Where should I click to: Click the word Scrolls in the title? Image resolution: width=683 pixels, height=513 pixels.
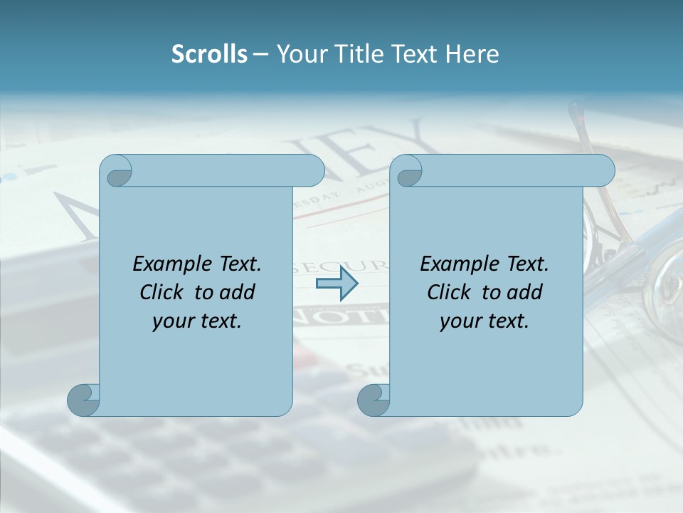(209, 54)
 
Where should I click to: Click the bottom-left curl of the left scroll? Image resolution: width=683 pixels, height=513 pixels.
(83, 400)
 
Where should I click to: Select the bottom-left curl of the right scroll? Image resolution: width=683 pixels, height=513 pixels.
(374, 400)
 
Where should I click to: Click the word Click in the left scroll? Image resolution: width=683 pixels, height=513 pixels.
(164, 292)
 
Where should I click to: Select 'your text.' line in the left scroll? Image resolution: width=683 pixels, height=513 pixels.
(197, 321)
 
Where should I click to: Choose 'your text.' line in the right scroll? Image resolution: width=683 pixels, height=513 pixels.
(485, 321)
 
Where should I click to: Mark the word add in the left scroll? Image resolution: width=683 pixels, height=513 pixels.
(237, 292)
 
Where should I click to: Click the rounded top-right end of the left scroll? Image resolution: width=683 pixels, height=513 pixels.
(313, 171)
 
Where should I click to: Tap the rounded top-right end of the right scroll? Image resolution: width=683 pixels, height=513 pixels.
(603, 171)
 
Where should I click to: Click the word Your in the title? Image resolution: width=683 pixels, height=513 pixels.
(299, 54)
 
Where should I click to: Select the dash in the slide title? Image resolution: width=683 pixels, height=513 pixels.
(260, 55)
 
